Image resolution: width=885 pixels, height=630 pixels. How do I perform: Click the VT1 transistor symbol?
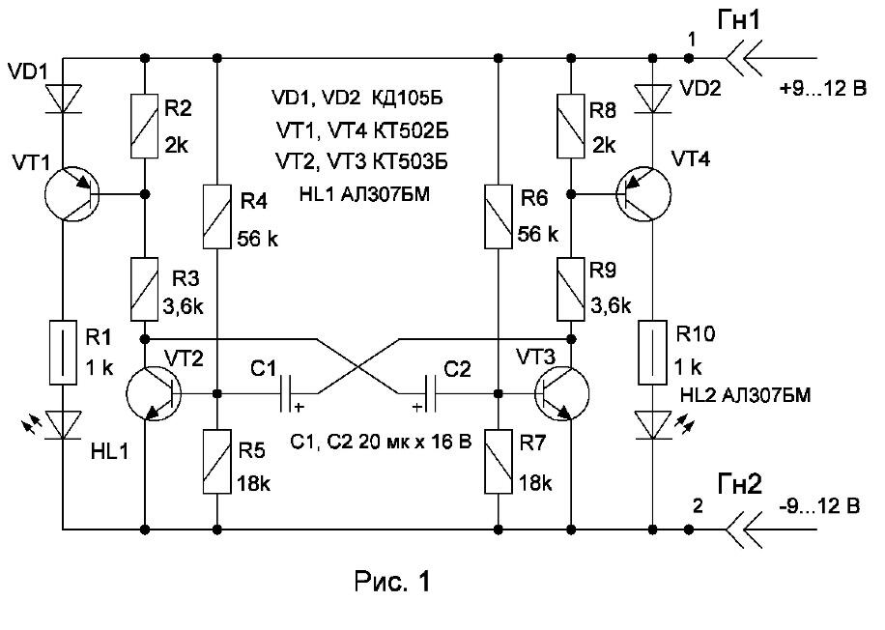coord(71,194)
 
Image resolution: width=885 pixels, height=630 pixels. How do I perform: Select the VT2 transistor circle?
coord(153,393)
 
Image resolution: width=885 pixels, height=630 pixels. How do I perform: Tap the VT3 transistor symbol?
coord(561,393)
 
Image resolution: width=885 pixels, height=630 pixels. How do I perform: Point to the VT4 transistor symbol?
coord(643,194)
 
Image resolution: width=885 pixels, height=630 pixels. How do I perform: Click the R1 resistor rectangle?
coord(63,353)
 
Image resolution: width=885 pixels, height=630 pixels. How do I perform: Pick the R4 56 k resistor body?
coord(217,216)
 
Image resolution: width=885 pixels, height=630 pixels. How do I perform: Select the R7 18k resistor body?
coord(499,461)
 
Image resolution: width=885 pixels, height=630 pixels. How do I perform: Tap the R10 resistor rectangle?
coord(653,353)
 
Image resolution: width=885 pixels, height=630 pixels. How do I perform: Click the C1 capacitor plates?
coord(286,393)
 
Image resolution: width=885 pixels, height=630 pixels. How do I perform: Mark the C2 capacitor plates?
coord(431,393)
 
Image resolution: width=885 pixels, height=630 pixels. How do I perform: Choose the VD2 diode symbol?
coord(653,99)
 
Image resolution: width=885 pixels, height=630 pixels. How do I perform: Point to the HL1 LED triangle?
coord(63,425)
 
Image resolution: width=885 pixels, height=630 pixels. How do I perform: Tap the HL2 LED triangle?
coord(653,425)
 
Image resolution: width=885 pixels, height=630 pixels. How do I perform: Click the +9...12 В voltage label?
coord(822,89)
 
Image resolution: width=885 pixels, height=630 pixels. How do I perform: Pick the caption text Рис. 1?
coord(392,582)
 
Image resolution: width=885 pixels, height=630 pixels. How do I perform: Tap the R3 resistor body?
coord(145,290)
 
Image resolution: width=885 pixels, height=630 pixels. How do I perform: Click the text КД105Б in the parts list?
coord(407,98)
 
